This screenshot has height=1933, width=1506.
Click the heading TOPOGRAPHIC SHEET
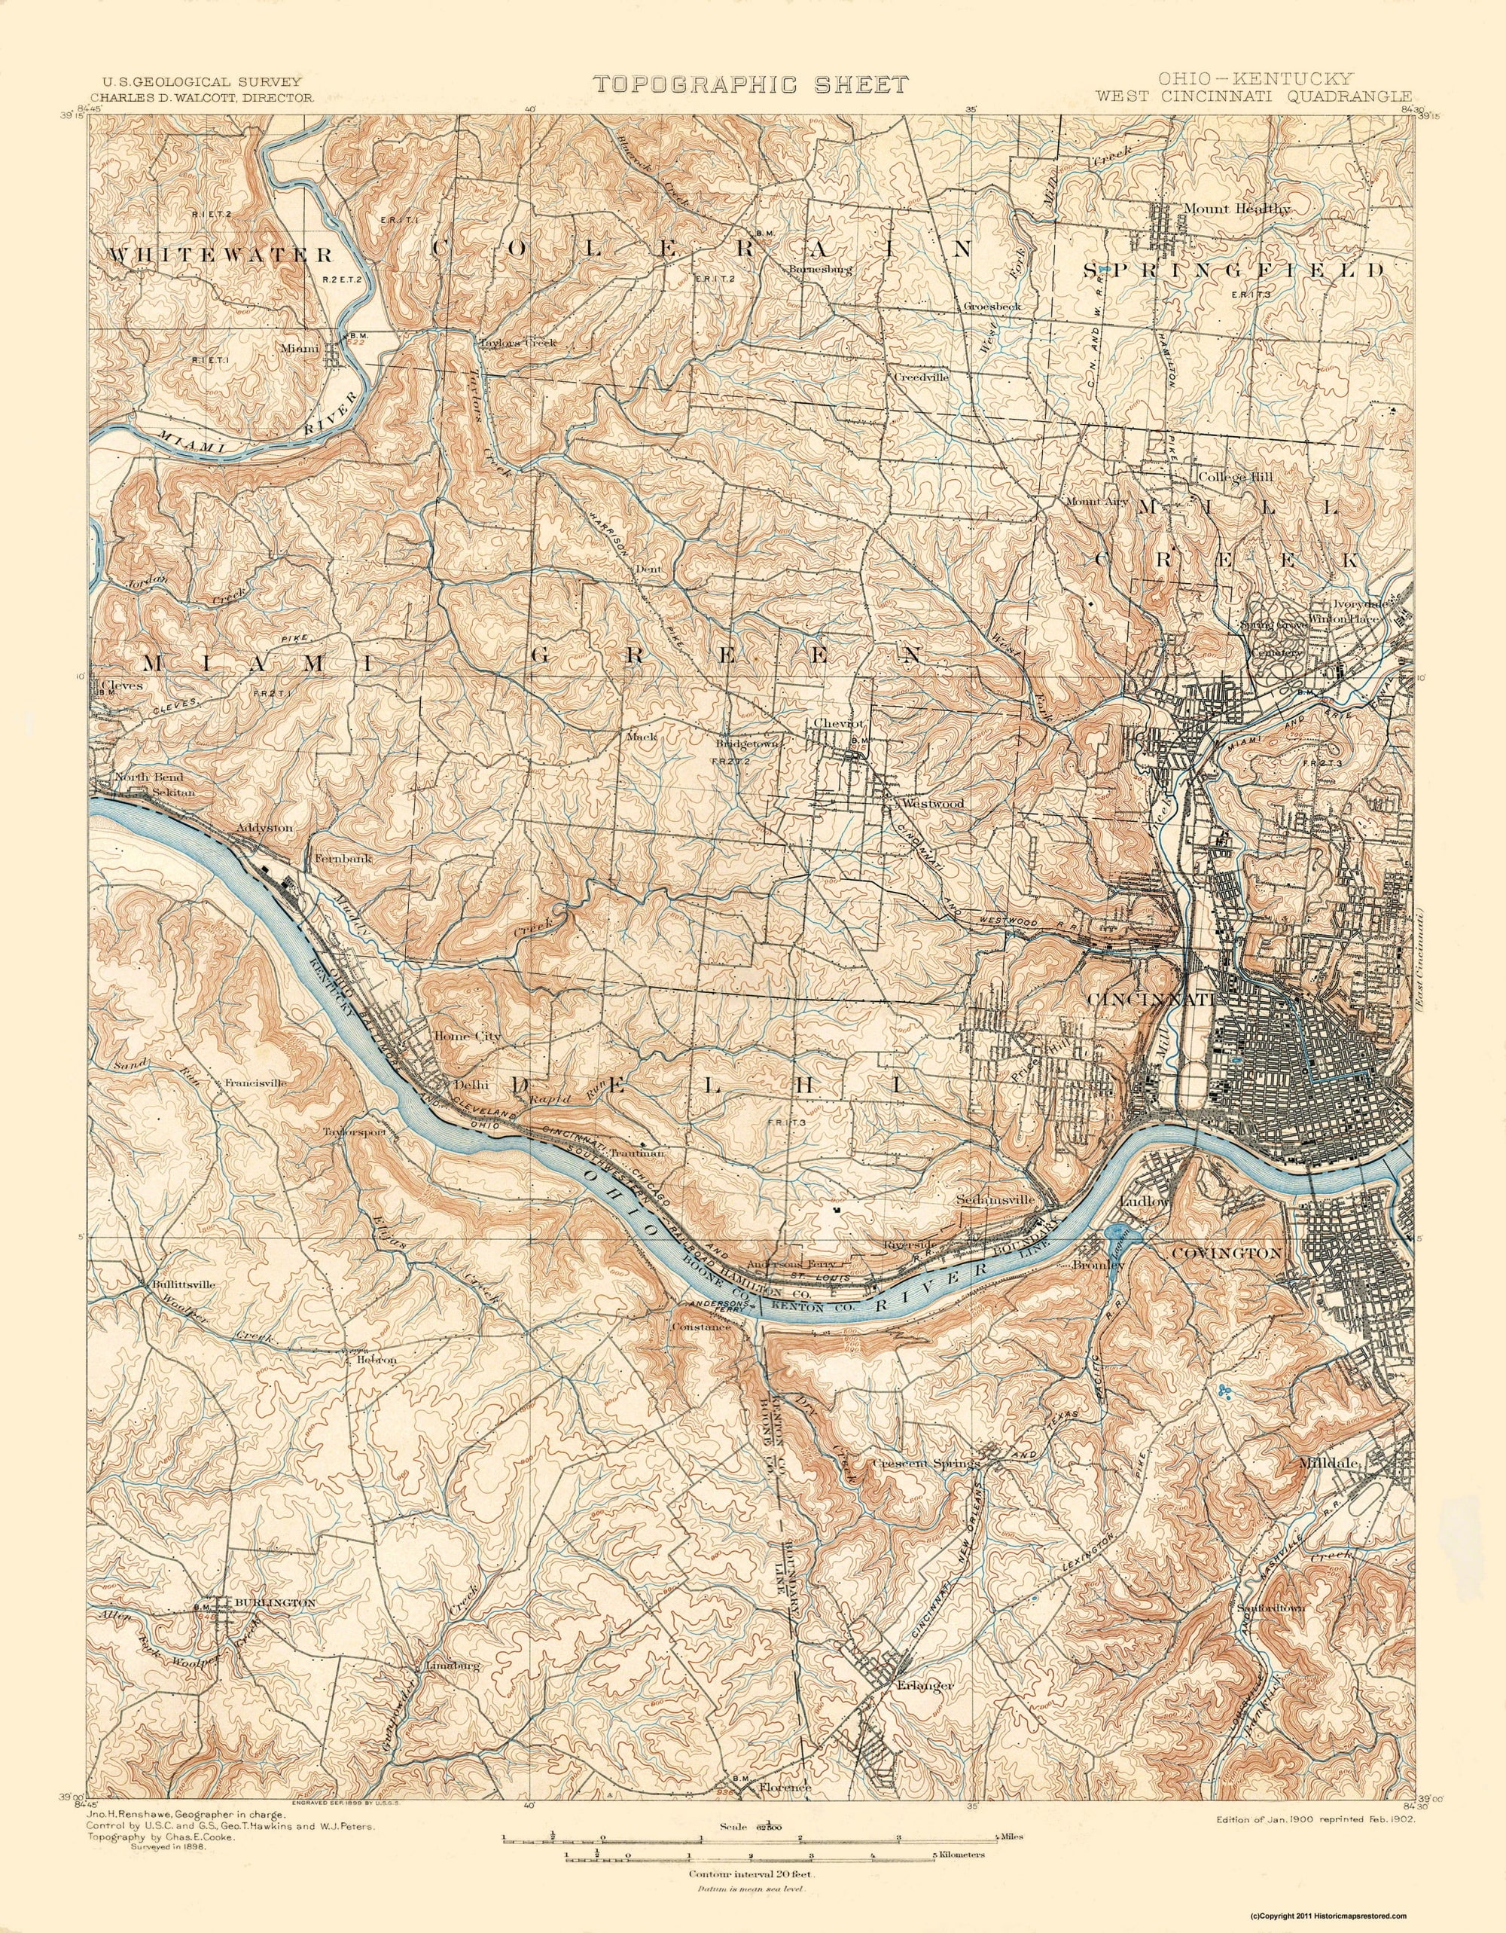pos(750,84)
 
